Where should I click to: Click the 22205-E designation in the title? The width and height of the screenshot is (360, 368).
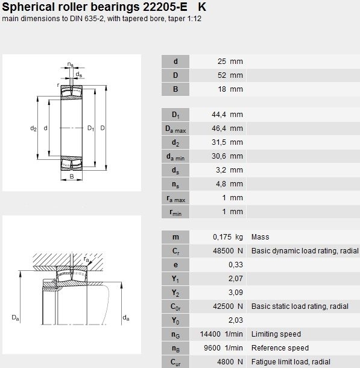coord(165,7)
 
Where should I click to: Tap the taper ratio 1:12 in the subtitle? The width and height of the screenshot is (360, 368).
coord(194,19)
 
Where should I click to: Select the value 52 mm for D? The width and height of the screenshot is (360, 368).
coord(230,75)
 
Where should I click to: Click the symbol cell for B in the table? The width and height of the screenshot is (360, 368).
coord(175,89)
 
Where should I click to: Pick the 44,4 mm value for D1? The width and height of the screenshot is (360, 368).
coord(227,115)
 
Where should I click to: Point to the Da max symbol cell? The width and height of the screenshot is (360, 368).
coord(175,128)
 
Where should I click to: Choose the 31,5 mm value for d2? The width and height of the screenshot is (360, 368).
coord(227,142)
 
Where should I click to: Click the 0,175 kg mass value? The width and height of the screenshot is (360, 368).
coord(228,237)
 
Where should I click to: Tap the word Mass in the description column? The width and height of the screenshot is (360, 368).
coord(260,237)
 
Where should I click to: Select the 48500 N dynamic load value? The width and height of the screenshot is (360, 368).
coord(228,251)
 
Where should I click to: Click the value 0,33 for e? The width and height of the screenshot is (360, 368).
coord(236,265)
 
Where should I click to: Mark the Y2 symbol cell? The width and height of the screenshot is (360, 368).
coord(175,293)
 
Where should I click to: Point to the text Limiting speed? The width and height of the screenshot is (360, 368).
coord(276,334)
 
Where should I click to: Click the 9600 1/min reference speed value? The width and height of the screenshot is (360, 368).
coord(223,348)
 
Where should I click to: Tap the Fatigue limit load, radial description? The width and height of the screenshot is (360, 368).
coord(291,362)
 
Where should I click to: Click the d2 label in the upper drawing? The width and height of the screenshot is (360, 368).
coord(34,128)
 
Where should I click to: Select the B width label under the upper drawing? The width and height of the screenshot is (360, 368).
coord(72,176)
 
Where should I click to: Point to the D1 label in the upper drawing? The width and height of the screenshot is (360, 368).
coord(91,128)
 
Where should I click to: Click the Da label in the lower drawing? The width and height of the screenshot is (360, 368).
coord(16,318)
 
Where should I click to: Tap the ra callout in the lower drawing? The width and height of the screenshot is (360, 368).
coord(86,259)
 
